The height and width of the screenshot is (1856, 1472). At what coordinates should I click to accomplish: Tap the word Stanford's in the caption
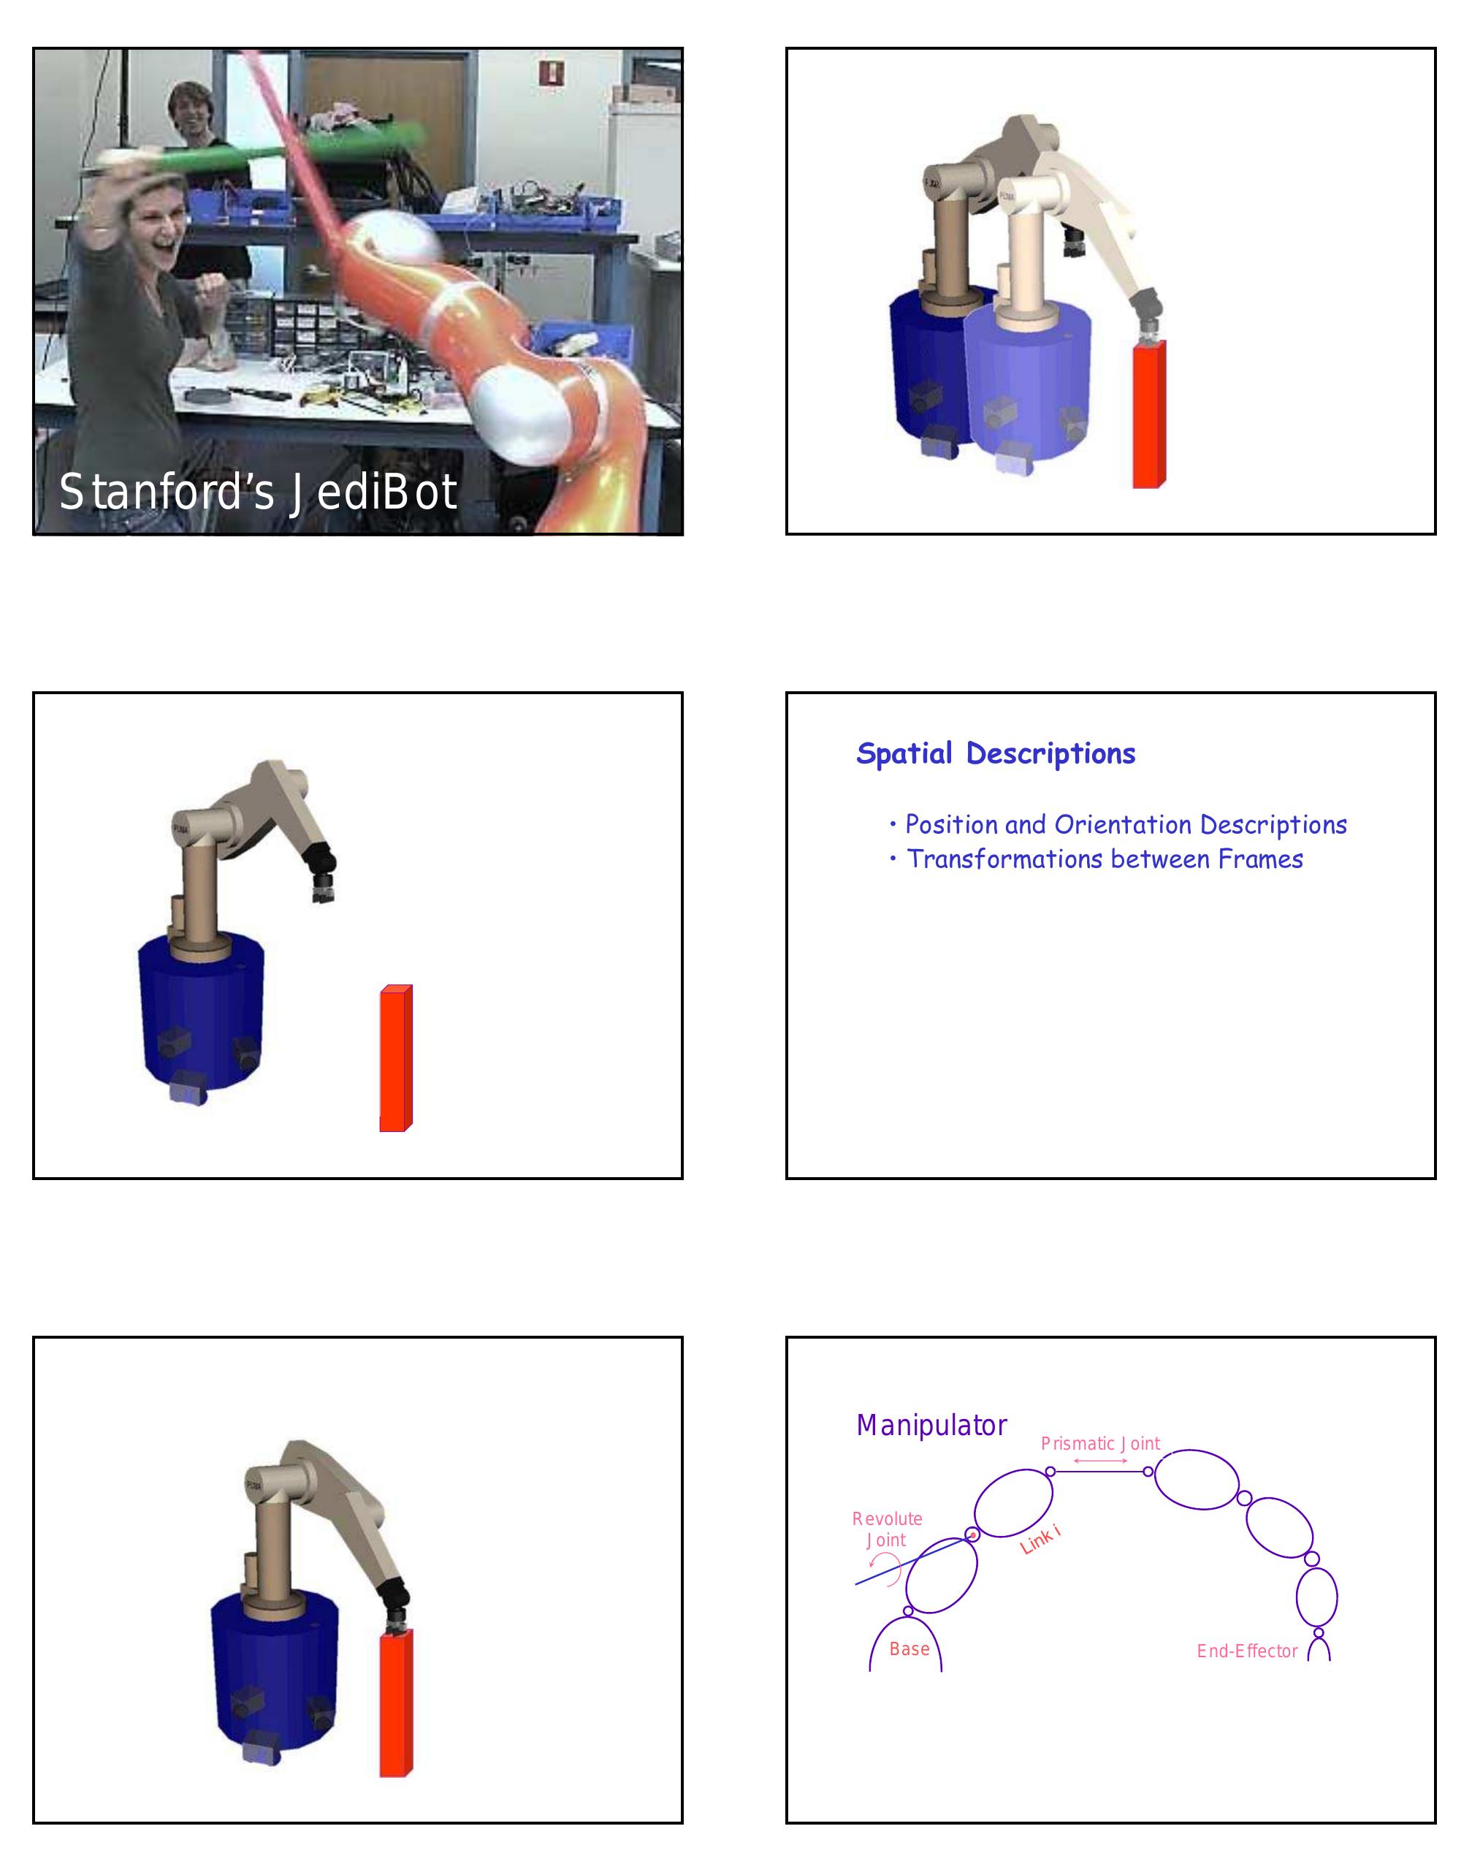tap(165, 492)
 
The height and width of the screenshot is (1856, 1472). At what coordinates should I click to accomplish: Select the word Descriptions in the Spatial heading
tap(1050, 754)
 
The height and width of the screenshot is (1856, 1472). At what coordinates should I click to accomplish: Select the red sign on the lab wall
tap(551, 72)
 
